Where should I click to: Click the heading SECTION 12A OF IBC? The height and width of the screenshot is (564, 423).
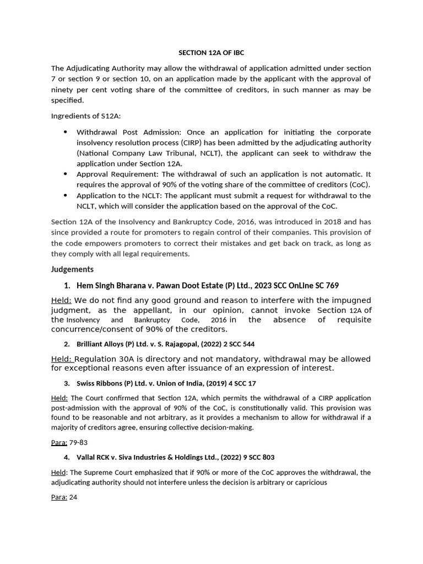(211, 53)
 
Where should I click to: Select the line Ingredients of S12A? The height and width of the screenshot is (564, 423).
(85, 116)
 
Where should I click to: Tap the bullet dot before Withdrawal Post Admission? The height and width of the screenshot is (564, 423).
(66, 132)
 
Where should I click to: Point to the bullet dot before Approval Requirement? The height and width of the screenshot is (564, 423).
(66, 173)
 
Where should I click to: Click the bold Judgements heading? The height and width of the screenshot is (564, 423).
(72, 269)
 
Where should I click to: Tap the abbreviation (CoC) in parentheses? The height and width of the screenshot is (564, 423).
(359, 185)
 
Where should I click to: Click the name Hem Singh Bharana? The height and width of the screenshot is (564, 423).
(109, 285)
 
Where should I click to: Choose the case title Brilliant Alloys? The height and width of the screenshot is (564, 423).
(100, 344)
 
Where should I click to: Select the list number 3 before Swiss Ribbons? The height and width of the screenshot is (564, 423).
(66, 383)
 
